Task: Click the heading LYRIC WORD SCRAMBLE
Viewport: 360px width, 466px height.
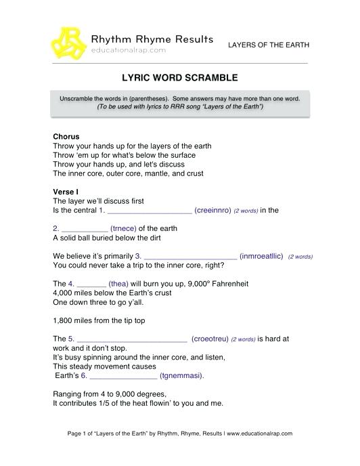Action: [179, 78]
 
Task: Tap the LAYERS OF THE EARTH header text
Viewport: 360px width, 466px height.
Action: [268, 45]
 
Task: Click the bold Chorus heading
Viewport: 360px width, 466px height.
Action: [66, 136]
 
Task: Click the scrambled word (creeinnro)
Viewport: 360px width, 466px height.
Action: [212, 211]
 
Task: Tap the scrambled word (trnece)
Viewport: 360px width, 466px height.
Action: [122, 229]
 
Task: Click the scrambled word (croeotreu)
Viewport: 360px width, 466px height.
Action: [209, 338]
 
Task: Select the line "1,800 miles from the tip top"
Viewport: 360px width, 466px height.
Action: [97, 320]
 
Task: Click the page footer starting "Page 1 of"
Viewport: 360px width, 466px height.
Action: [179, 433]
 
